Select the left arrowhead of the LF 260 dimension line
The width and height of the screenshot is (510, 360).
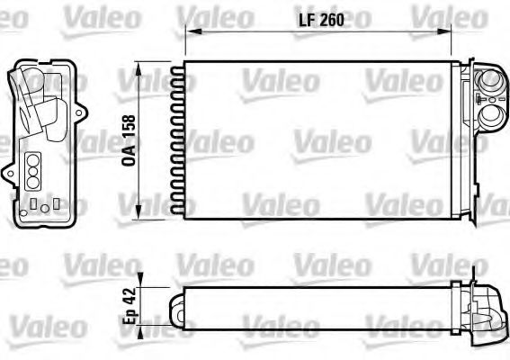tap(189, 31)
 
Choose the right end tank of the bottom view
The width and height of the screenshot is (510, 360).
tap(486, 302)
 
